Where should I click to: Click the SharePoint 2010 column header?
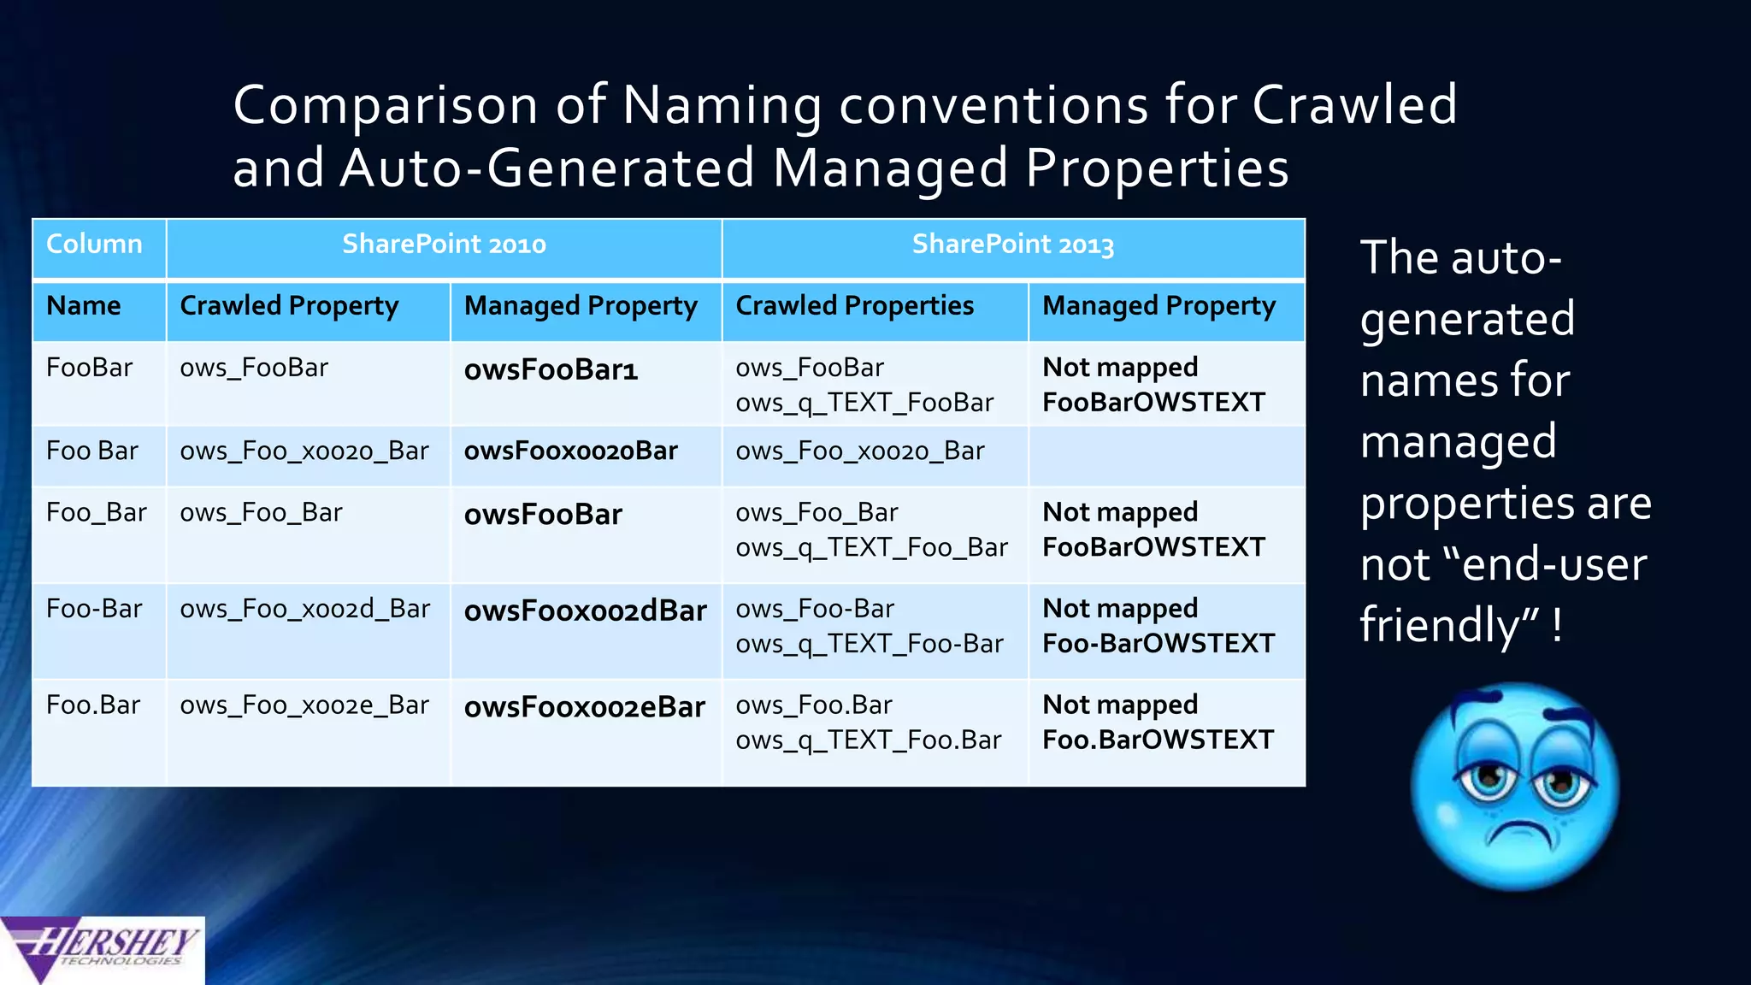coord(444,245)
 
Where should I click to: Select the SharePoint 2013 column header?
coord(1012,245)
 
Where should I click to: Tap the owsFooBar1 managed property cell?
coord(551,369)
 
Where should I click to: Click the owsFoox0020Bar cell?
coord(570,451)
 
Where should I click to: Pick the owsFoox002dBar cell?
coord(585,610)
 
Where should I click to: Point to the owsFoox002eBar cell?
coord(584,707)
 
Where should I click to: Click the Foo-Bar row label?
coord(94,609)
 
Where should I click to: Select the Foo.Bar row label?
coord(93,705)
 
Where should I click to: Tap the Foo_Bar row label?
coord(96,512)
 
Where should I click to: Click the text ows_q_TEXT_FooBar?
coord(864,403)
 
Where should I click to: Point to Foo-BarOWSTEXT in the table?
coord(1158,643)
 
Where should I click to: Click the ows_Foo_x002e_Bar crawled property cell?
coord(304,705)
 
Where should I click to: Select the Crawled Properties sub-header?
coord(854,306)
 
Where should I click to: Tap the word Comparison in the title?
coord(386,105)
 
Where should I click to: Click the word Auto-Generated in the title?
coord(547,168)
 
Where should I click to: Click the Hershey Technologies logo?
coord(102,950)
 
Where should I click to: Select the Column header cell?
coord(94,245)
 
